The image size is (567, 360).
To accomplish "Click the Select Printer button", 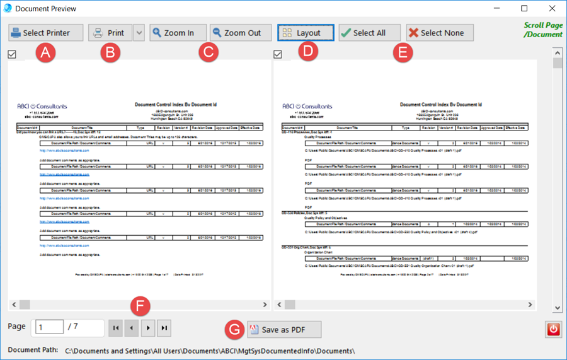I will click(x=47, y=33).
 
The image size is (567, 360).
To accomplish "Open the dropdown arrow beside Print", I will click(x=139, y=33).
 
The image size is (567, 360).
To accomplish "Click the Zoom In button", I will click(x=178, y=33).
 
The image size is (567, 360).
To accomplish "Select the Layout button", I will click(x=306, y=33).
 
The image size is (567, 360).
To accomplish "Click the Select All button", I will click(x=369, y=33).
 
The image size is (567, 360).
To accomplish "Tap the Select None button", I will click(x=440, y=33).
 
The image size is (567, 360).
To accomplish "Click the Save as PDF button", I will click(x=284, y=329).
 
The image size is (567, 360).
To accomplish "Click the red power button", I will click(x=554, y=329).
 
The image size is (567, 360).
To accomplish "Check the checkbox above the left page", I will click(x=13, y=55).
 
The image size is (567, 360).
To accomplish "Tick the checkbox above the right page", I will click(x=278, y=55).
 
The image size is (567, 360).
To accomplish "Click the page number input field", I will click(x=50, y=327).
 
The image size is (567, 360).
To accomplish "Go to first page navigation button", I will click(x=116, y=328).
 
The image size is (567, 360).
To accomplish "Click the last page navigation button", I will click(x=164, y=328).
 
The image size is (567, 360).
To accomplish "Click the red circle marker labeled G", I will click(x=235, y=329).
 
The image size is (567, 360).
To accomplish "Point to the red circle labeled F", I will click(x=143, y=307).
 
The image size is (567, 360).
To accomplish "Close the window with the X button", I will click(x=551, y=9).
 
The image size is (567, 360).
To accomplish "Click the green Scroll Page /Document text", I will click(x=543, y=30).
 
